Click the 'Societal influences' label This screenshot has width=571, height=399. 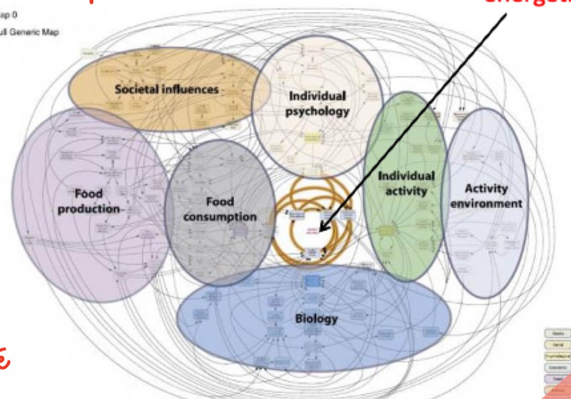[x=167, y=89]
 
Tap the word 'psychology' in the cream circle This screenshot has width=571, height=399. [x=317, y=111]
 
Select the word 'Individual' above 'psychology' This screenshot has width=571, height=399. [x=317, y=96]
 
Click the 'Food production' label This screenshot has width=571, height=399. [x=89, y=201]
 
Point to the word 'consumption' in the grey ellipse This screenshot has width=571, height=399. [x=220, y=217]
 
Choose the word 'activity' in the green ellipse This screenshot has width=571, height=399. [x=406, y=191]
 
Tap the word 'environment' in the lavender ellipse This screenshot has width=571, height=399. [x=486, y=203]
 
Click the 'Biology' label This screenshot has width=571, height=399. [x=316, y=319]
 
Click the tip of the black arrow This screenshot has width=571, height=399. [x=321, y=231]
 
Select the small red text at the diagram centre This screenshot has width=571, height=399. [x=313, y=231]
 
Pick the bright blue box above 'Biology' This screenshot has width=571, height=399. [x=312, y=281]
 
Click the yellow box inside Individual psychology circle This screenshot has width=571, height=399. [x=312, y=138]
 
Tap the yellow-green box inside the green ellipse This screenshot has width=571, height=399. [x=386, y=230]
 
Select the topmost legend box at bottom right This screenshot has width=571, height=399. [x=557, y=333]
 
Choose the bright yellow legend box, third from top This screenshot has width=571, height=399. [x=557, y=356]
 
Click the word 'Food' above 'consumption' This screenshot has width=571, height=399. [x=220, y=201]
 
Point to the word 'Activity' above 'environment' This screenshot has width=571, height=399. [x=486, y=188]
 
